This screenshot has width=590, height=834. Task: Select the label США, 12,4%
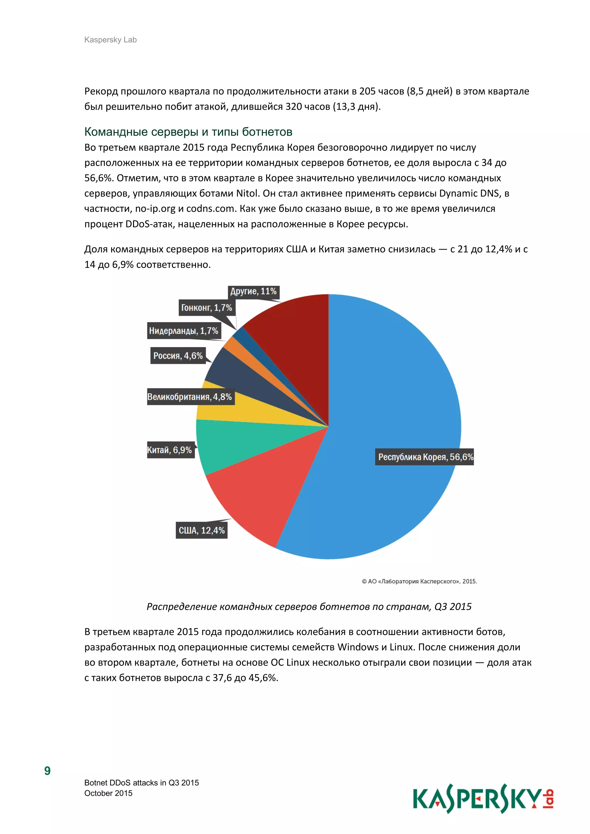(202, 530)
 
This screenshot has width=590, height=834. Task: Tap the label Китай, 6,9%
(170, 450)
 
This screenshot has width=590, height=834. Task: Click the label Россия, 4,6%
(178, 356)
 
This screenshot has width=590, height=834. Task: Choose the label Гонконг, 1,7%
(206, 308)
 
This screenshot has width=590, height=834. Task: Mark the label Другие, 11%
(254, 291)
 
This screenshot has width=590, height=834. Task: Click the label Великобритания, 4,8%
(189, 397)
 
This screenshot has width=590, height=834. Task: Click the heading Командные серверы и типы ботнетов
(188, 132)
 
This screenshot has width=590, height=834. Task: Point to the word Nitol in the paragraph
(248, 193)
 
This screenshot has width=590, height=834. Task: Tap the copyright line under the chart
(419, 581)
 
